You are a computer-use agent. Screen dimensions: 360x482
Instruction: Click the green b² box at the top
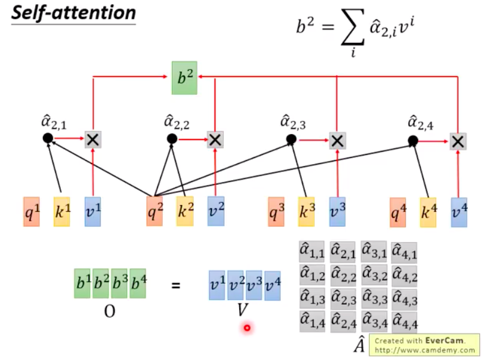coord(184,77)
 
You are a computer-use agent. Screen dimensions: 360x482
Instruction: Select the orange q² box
coord(155,211)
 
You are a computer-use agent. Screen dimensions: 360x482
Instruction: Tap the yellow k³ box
coord(306,211)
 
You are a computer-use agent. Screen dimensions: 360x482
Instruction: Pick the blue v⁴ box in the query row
coord(459,211)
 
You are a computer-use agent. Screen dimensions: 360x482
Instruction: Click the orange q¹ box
coord(31,211)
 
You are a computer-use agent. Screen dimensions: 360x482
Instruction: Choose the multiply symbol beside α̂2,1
coord(92,139)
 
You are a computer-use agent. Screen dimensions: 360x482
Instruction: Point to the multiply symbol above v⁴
coord(457,141)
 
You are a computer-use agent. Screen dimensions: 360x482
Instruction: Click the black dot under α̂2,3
coord(291,139)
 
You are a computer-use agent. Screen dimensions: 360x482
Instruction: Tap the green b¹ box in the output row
coord(82,285)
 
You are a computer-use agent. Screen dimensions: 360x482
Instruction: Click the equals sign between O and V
coord(176,285)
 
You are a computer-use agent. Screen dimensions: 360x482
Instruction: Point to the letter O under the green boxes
coord(109,311)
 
